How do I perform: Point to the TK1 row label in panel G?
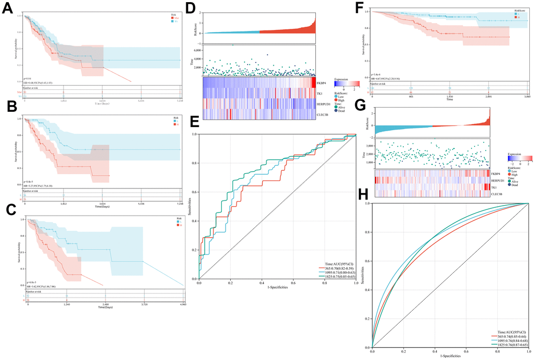494,186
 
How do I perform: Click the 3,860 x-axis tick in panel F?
527,98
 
